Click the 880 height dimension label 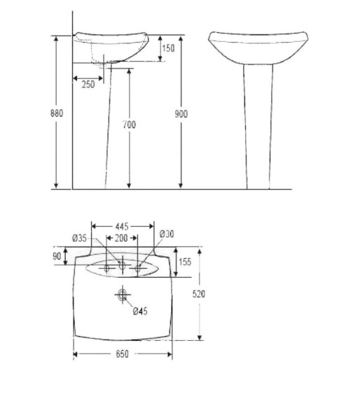(x=57, y=113)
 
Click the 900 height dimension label (x=181, y=113)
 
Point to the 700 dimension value (x=129, y=125)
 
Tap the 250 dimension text (x=88, y=84)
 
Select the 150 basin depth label (x=168, y=48)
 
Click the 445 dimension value (x=122, y=227)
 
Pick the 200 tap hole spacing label (x=121, y=238)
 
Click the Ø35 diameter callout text (x=80, y=238)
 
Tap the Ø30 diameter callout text (x=167, y=234)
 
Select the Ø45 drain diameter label (x=140, y=311)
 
